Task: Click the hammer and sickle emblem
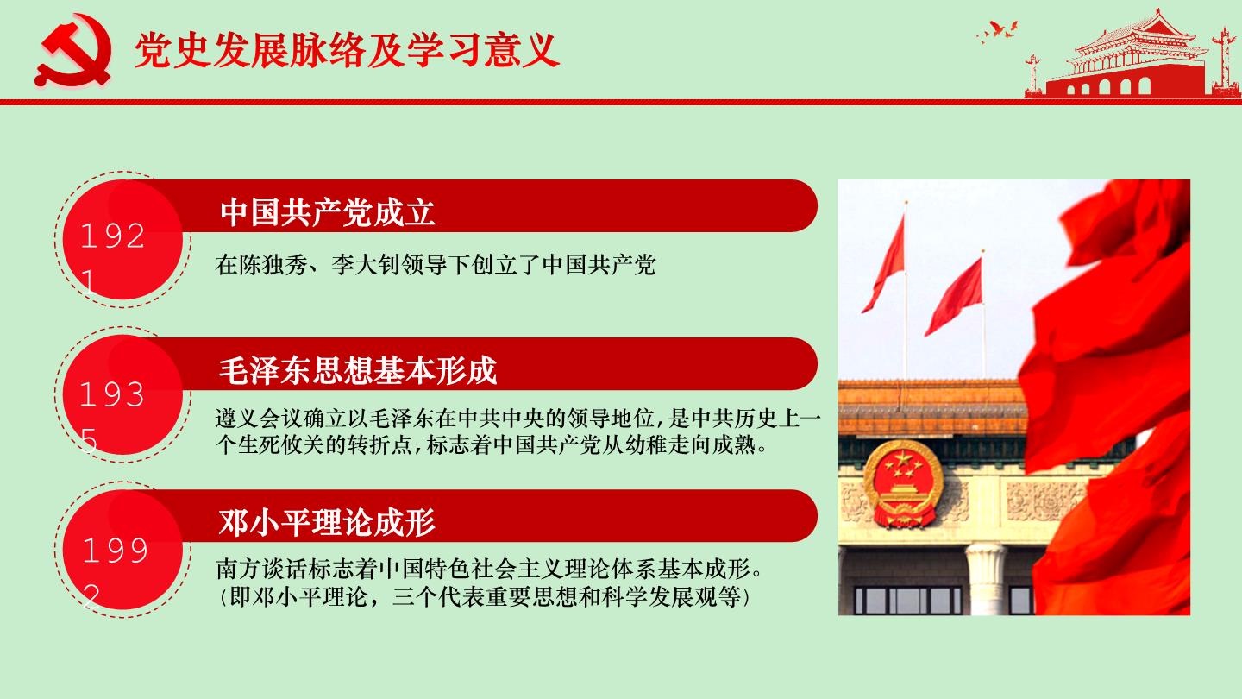74,50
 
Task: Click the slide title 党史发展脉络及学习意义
347,50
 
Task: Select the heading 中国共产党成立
327,212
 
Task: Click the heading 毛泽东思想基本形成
358,370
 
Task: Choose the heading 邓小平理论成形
327,523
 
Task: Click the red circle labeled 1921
122,240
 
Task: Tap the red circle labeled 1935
122,395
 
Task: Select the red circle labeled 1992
122,550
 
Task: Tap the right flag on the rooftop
955,296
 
